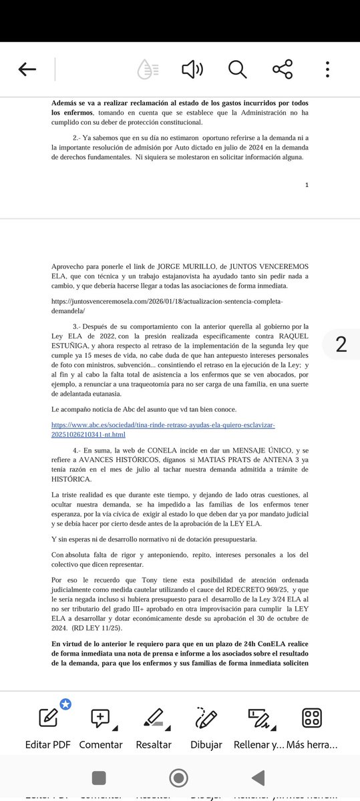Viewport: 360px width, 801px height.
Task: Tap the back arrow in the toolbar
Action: click(x=27, y=69)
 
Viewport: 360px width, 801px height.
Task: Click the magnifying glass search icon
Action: click(x=237, y=69)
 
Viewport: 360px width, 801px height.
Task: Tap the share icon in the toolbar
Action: click(x=283, y=69)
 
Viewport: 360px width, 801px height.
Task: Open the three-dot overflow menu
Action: click(x=327, y=69)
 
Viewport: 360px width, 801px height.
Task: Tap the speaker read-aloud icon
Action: click(x=192, y=69)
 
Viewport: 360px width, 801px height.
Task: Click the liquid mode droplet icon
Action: click(x=148, y=69)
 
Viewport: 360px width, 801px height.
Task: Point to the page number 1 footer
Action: click(x=306, y=185)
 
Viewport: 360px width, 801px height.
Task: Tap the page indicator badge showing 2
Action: click(x=341, y=344)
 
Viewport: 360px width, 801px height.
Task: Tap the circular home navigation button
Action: click(x=178, y=778)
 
